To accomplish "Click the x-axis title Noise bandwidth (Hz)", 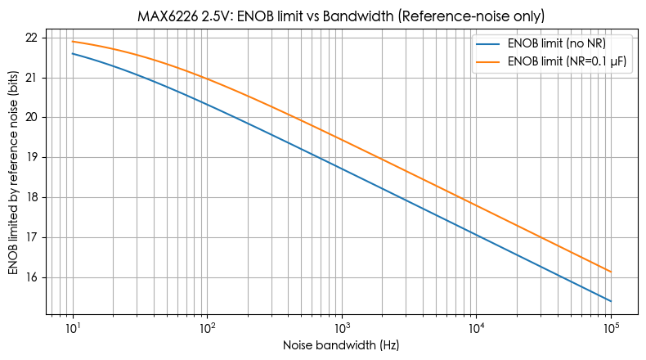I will click(x=342, y=346).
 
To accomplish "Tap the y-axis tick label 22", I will click(x=32, y=38).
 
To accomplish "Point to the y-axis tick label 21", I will click(x=32, y=78).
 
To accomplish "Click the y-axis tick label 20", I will click(x=32, y=118).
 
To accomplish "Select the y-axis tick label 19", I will click(x=32, y=158).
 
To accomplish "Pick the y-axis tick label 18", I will click(x=32, y=198).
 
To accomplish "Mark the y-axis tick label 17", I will click(x=32, y=238).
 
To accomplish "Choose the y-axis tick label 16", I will click(x=32, y=278).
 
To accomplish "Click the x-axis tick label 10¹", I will click(x=73, y=328).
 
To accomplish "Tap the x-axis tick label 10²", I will click(x=207, y=328).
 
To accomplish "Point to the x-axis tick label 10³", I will click(x=342, y=328).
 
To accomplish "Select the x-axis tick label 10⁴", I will click(x=476, y=328).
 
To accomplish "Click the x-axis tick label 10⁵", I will click(x=611, y=328).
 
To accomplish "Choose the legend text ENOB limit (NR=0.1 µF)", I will click(x=569, y=61).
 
